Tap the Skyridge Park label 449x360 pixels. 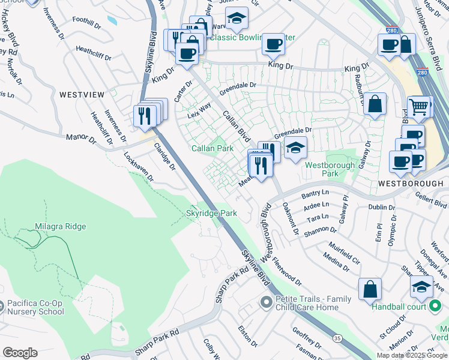211,213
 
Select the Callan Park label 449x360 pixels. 212,148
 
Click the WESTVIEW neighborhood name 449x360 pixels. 82,95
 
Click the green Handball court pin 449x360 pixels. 436,307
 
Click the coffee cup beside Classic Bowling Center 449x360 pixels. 274,44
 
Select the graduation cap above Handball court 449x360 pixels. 421,286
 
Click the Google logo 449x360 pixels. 20,353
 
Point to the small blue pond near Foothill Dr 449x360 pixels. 112,20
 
